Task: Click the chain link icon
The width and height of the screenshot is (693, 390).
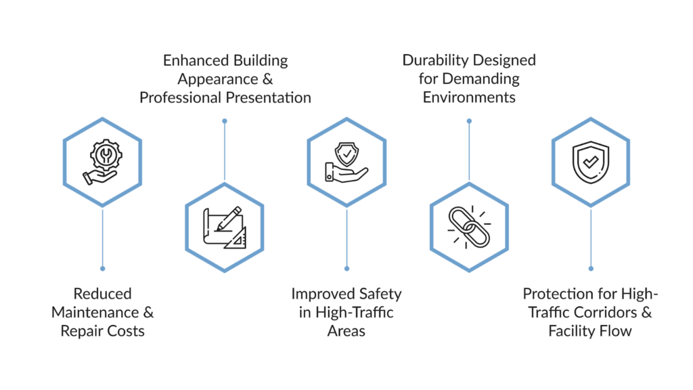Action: pos(468,227)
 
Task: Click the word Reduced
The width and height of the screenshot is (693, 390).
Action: pos(103,294)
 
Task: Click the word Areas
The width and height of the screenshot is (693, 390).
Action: pos(346,331)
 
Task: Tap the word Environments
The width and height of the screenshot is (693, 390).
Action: pos(469,97)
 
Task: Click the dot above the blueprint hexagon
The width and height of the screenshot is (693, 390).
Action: pos(225,121)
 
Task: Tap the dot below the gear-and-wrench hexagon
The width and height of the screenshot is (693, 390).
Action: pos(102,268)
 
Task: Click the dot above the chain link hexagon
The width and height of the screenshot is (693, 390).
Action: pos(469,121)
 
